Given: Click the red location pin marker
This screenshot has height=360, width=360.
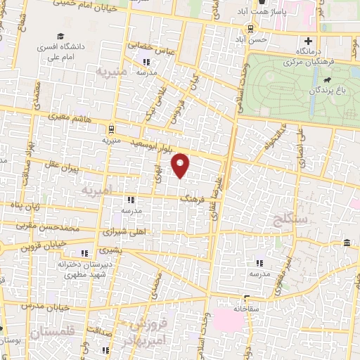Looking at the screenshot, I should (x=181, y=165).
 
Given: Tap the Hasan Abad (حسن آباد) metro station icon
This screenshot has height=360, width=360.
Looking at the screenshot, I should (x=250, y=28).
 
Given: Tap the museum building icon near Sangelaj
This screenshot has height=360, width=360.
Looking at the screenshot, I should (x=347, y=243).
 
